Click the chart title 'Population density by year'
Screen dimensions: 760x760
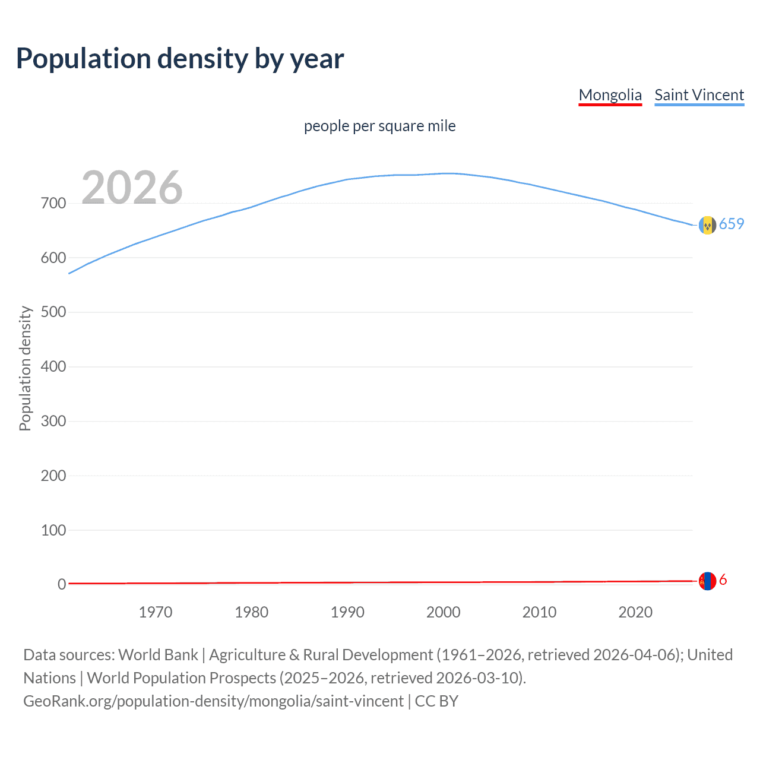tap(180, 59)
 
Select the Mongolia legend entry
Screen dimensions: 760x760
tap(610, 95)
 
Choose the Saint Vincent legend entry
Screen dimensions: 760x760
tap(699, 95)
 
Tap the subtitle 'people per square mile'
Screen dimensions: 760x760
tap(379, 126)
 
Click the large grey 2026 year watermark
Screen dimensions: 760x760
tap(132, 188)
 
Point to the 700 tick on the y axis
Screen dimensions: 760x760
tap(53, 204)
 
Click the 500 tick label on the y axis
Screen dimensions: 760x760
tap(53, 312)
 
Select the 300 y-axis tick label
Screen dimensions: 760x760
tap(53, 422)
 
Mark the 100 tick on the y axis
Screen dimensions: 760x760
tap(53, 530)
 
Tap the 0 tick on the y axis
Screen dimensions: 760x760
tap(62, 585)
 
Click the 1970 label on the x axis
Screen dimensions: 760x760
tap(156, 612)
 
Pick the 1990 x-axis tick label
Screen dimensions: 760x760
tap(347, 612)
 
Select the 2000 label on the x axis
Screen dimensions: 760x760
tap(444, 612)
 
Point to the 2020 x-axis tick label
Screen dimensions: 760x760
tap(635, 612)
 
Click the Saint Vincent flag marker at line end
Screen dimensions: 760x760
tap(707, 225)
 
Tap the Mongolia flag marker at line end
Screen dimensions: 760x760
tap(707, 581)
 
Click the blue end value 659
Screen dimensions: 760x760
tap(731, 224)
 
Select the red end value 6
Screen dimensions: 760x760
tap(723, 580)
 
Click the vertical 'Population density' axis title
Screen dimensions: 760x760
tap(25, 368)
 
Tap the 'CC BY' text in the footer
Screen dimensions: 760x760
tap(436, 701)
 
